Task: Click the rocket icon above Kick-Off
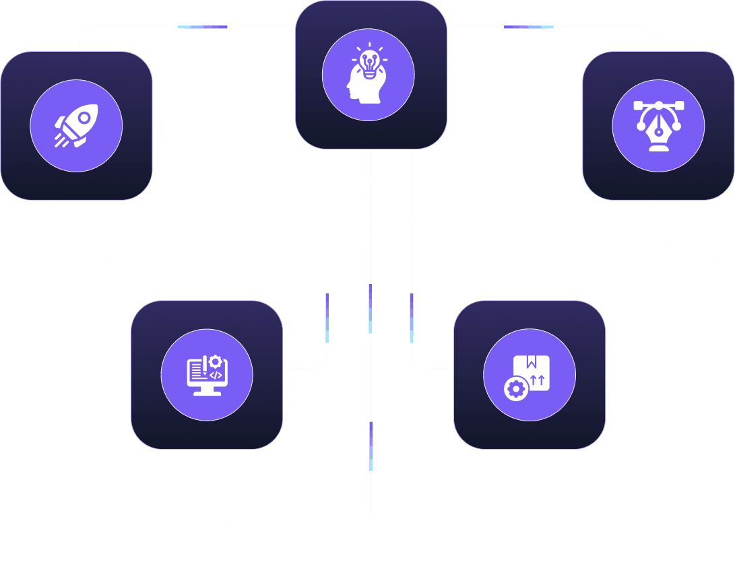click(76, 125)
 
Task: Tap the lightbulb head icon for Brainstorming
click(368, 74)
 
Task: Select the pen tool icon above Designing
click(658, 126)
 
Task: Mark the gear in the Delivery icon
click(516, 388)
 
